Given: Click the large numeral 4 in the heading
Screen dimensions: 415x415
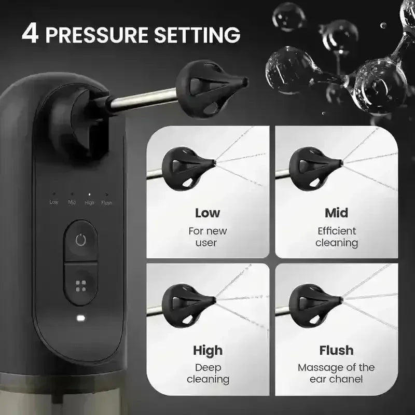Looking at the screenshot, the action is (31, 34).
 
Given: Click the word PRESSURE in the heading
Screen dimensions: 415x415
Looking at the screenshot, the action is (97, 35).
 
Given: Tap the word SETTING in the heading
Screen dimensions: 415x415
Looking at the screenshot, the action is (197, 35).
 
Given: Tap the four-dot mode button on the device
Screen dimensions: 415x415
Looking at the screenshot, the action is (81, 286).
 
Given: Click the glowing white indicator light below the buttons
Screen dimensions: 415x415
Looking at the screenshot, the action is (81, 318).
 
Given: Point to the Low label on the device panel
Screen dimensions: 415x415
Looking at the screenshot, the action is (54, 202).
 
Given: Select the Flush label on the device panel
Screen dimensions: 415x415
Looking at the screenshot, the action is (106, 203).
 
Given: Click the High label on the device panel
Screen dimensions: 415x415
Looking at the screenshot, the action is (89, 203).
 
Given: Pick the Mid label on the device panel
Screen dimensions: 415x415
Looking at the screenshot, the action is (72, 202).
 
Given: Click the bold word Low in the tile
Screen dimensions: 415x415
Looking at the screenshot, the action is (208, 213).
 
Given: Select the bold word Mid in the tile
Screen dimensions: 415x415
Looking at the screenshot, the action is (336, 213).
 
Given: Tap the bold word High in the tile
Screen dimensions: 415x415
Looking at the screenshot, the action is (208, 351).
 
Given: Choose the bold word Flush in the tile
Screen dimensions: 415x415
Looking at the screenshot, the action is (336, 351).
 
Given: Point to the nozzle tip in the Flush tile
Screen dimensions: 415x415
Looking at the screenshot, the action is (341, 300).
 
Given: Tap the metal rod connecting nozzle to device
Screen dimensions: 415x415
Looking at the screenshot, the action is (143, 99).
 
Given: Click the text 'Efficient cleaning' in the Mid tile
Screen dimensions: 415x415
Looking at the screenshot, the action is (337, 237).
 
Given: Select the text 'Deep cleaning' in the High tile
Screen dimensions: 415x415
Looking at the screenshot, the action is (208, 374).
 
